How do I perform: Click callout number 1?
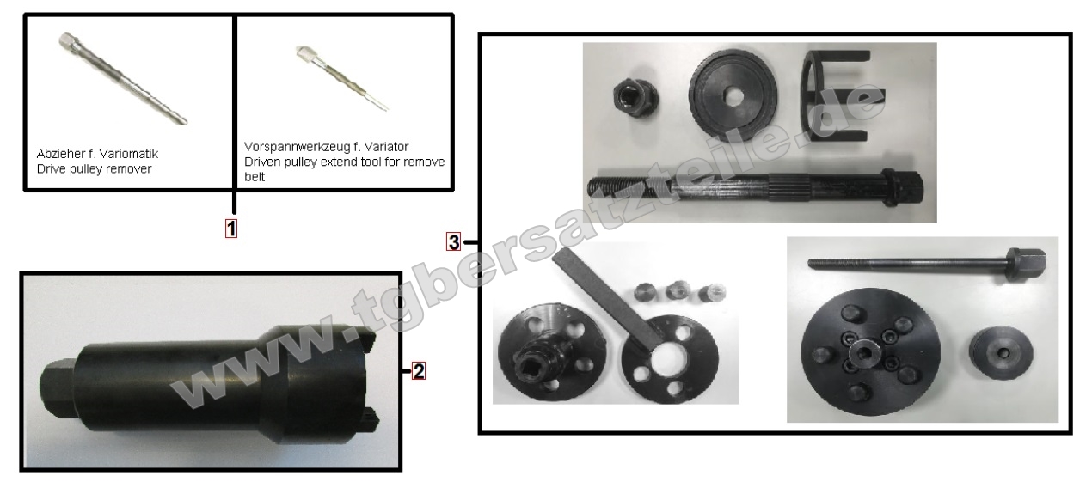[x=231, y=229]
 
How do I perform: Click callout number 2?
[x=419, y=371]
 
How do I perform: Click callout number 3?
[x=453, y=242]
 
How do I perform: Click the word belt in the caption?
[x=255, y=177]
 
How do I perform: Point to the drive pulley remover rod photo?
[x=123, y=78]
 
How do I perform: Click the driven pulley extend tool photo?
[x=341, y=78]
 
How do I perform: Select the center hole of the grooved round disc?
[x=731, y=96]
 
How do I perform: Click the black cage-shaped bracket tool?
[x=835, y=95]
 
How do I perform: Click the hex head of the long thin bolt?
[x=1026, y=264]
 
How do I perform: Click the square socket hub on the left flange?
[x=536, y=360]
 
